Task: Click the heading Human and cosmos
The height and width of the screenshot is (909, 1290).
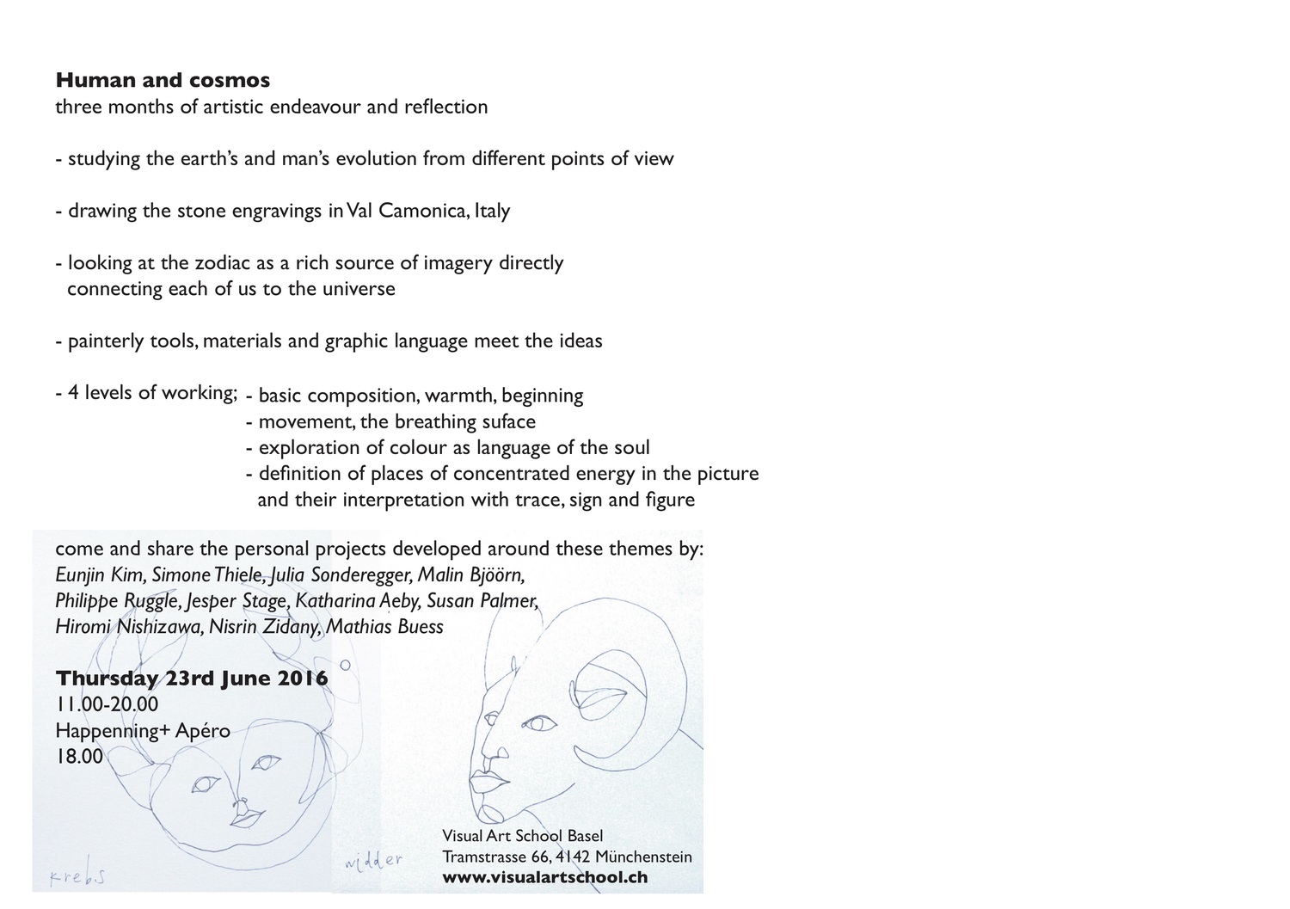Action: point(163,80)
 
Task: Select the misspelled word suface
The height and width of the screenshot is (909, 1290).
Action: point(508,421)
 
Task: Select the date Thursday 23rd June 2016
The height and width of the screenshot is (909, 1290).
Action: point(192,679)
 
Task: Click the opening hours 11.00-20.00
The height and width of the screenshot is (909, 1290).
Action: point(107,704)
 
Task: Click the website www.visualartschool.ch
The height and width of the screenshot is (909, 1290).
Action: point(544,878)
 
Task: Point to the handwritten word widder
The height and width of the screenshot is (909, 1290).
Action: point(373,860)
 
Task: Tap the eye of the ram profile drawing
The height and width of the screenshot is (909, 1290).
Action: point(539,724)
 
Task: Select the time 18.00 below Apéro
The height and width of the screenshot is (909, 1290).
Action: point(79,757)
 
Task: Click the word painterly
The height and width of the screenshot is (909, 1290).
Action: point(106,341)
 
